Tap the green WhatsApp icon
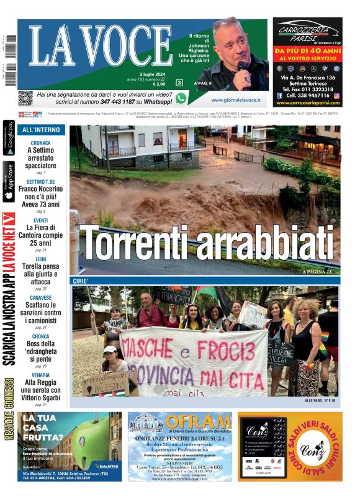tap(181, 98)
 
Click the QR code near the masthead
tap(25, 98)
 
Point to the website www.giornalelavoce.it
tap(235, 99)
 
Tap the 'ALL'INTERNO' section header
tap(41, 130)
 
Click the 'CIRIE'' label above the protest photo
tap(84, 281)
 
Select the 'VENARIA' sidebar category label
tap(41, 375)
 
